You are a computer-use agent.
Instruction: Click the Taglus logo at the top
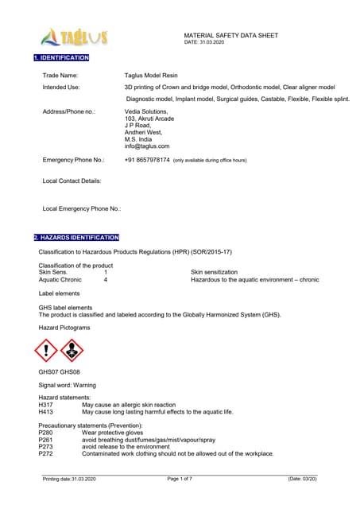pos(72,37)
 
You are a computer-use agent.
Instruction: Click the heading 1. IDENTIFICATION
pos(61,58)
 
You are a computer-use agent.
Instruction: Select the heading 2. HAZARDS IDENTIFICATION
pos(76,238)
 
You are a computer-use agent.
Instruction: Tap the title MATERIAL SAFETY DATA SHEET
pos(230,36)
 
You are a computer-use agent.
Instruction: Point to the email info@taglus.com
pos(147,146)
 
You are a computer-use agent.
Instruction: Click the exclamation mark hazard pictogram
pos(46,350)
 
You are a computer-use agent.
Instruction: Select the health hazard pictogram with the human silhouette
pos(72,350)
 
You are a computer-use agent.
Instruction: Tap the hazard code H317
pos(45,405)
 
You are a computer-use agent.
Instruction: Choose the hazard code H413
pos(45,412)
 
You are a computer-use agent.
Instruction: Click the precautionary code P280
pos(45,433)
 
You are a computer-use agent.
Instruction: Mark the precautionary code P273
pos(45,447)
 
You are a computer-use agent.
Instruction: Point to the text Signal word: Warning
pos(67,385)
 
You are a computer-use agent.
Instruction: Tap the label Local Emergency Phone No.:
pos(81,208)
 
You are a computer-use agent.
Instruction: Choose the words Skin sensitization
pos(214,272)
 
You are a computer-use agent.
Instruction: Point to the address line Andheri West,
pos(144,132)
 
